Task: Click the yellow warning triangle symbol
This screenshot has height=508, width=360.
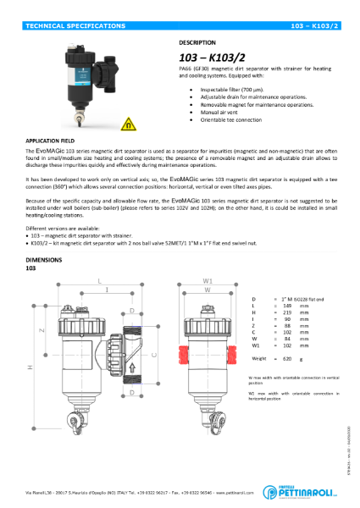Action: [128, 124]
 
